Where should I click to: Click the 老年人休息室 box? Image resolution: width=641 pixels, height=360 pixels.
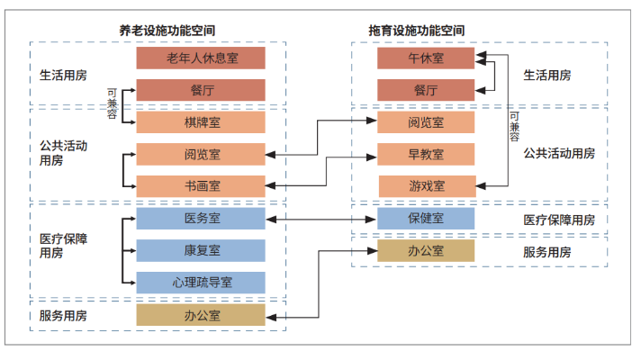click(201, 58)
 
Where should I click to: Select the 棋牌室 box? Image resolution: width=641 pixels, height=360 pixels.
click(201, 122)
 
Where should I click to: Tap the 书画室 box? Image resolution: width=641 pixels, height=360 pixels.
click(201, 186)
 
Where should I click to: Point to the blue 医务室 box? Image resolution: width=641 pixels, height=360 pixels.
click(201, 219)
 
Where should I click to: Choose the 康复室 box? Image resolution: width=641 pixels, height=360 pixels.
click(201, 250)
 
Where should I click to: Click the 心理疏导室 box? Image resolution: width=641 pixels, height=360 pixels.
click(201, 283)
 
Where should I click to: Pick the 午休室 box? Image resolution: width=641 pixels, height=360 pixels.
click(426, 58)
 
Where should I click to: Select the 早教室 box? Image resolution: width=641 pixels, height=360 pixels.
click(426, 154)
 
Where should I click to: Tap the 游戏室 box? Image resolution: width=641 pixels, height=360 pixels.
click(426, 186)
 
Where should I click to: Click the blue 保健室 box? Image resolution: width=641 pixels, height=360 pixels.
click(426, 219)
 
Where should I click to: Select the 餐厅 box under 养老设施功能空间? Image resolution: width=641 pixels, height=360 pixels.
click(201, 90)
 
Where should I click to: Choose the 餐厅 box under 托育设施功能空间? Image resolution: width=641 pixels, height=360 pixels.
click(426, 90)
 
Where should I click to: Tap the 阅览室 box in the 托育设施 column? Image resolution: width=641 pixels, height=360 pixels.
click(426, 122)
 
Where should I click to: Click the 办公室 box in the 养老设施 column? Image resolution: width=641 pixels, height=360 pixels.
click(201, 315)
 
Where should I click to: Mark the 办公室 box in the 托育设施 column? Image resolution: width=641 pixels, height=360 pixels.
click(426, 250)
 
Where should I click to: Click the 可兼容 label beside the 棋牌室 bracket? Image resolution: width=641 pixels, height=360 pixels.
click(112, 103)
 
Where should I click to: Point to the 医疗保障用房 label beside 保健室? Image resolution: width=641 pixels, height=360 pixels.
click(559, 220)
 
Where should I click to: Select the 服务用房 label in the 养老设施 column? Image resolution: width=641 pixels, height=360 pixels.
click(64, 316)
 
